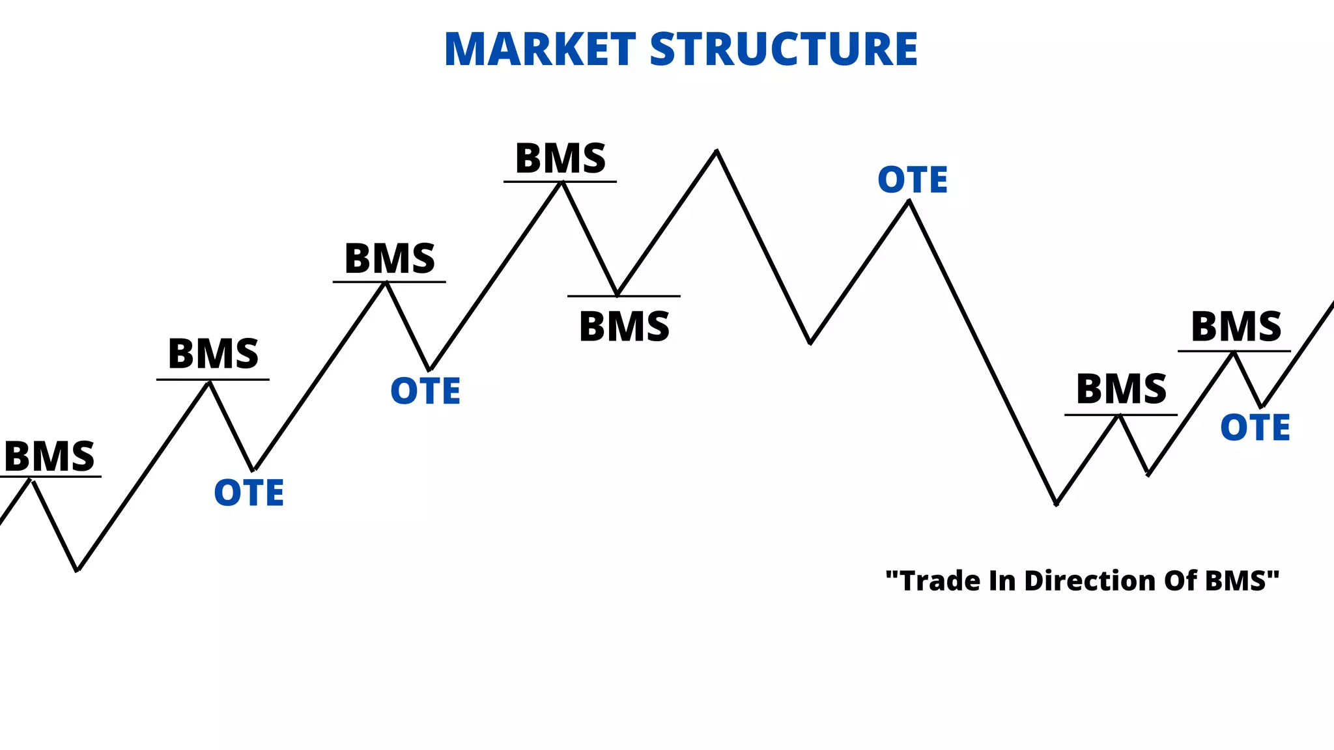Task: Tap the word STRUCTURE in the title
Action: point(784,49)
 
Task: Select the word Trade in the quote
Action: point(940,581)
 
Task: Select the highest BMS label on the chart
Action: point(560,159)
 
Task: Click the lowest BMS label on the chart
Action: point(50,456)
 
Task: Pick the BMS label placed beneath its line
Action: point(624,327)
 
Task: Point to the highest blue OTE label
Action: point(913,180)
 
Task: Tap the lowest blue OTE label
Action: point(249,493)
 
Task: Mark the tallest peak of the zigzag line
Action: point(717,151)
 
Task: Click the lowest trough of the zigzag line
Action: point(78,570)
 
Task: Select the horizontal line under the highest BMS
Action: point(560,182)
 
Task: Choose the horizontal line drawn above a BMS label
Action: point(624,296)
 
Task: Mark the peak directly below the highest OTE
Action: point(909,202)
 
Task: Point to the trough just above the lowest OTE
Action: point(253,469)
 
